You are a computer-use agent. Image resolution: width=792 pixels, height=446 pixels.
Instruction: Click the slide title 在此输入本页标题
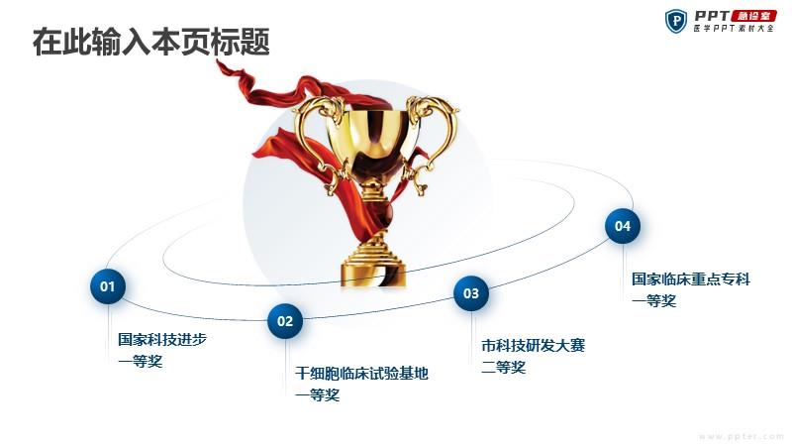pyautogui.click(x=151, y=42)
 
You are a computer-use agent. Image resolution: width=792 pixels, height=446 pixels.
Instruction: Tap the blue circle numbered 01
pyautogui.click(x=108, y=286)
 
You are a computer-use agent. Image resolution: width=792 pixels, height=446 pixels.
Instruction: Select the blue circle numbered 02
pyautogui.click(x=285, y=320)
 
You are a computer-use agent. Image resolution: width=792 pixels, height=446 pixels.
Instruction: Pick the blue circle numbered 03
pyautogui.click(x=471, y=293)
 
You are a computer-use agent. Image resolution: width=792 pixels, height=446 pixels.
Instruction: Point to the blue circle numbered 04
pyautogui.click(x=623, y=226)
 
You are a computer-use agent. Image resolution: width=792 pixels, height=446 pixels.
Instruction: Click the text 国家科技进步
pyautogui.click(x=162, y=339)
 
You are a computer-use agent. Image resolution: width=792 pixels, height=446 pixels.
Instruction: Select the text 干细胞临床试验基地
pyautogui.click(x=362, y=374)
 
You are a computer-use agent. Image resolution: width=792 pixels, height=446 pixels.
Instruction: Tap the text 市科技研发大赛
pyautogui.click(x=534, y=346)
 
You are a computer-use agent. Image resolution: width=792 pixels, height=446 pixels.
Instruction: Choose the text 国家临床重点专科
pyautogui.click(x=691, y=279)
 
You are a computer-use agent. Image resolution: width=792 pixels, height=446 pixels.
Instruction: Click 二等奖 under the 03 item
pyautogui.click(x=504, y=368)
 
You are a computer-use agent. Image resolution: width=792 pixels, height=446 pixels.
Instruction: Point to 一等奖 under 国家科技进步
pyautogui.click(x=141, y=362)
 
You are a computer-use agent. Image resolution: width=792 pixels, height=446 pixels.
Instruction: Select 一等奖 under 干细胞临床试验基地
pyautogui.click(x=318, y=394)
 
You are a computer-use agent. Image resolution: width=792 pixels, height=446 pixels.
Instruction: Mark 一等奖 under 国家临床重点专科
pyautogui.click(x=654, y=301)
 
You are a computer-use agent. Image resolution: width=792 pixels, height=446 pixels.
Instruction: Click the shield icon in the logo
pyautogui.click(x=676, y=21)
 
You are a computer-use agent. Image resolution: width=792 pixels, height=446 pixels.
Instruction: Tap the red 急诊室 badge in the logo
pyautogui.click(x=753, y=16)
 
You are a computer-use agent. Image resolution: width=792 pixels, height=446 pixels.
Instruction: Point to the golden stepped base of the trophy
pyautogui.click(x=374, y=263)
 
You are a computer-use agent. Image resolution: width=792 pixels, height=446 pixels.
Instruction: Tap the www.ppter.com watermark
pyautogui.click(x=741, y=436)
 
